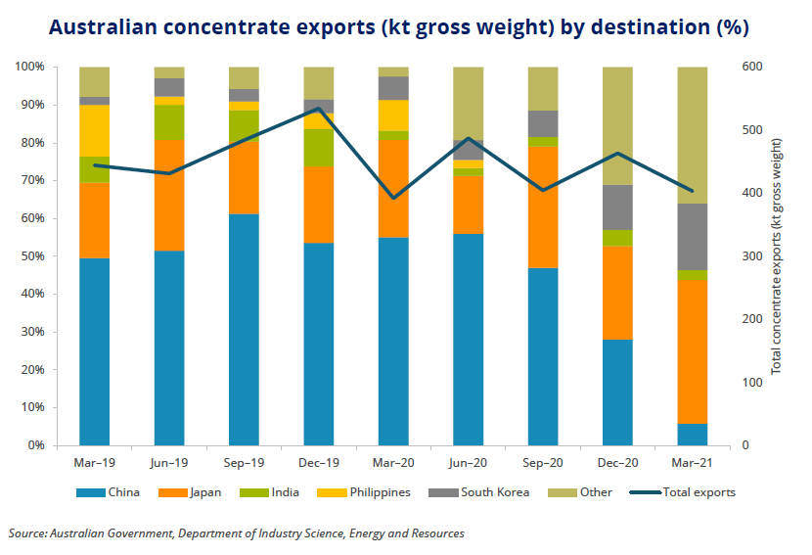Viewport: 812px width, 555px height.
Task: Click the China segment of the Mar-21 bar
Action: [x=693, y=435]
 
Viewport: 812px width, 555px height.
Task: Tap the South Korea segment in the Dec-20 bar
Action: [x=617, y=208]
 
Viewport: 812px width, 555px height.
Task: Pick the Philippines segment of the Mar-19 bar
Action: [x=95, y=130]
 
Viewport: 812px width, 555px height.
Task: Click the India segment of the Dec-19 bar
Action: [x=319, y=147]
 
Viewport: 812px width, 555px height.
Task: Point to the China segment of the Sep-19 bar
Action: [x=244, y=329]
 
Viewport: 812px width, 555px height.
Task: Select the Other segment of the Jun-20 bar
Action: [x=469, y=103]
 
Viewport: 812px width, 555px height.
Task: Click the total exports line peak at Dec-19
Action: [x=319, y=108]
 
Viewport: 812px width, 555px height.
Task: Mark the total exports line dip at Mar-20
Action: [x=393, y=198]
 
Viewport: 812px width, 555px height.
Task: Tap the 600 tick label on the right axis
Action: [x=751, y=67]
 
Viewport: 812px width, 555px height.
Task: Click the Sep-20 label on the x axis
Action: [x=543, y=461]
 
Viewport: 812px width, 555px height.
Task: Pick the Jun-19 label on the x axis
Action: [x=169, y=461]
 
